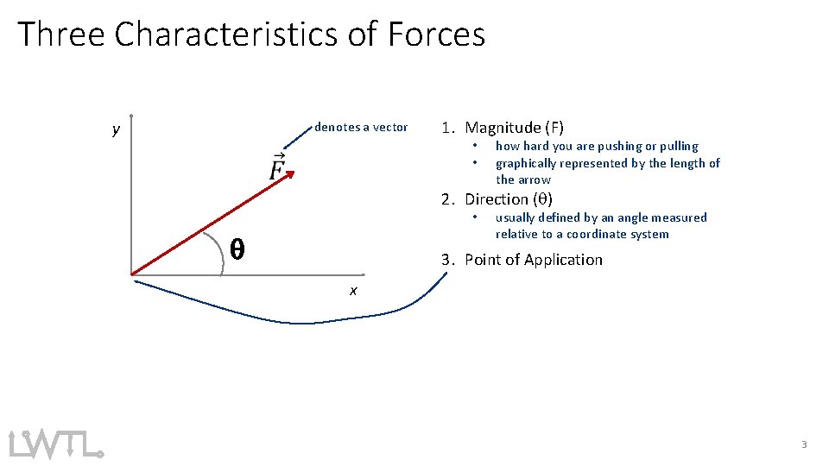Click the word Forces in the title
(x=437, y=35)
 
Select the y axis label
(x=116, y=130)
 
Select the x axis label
(x=353, y=291)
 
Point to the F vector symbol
(x=277, y=167)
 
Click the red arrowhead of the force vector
(x=289, y=175)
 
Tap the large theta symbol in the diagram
(x=237, y=250)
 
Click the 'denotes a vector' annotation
(x=361, y=127)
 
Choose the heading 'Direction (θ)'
(x=509, y=199)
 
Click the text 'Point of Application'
(x=533, y=260)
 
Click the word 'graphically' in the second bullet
(x=526, y=163)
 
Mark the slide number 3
(x=804, y=444)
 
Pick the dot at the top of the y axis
(x=130, y=115)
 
